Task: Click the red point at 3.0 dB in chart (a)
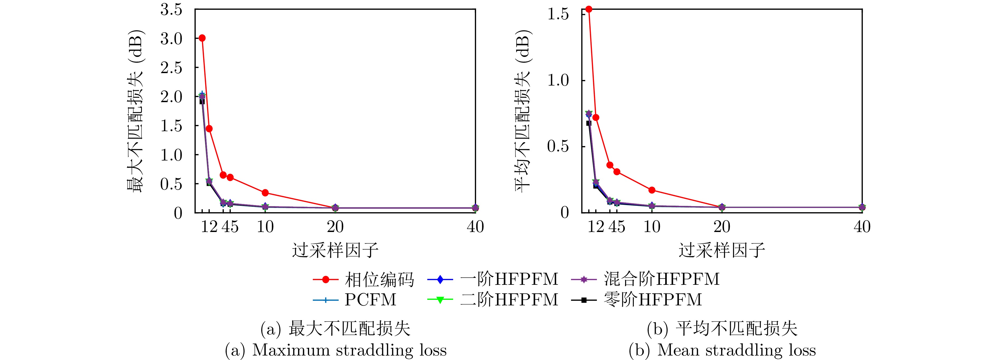pyautogui.click(x=202, y=38)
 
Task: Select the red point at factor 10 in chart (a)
pyautogui.click(x=265, y=193)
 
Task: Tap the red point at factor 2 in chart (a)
pyautogui.click(x=209, y=129)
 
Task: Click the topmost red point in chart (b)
pyautogui.click(x=589, y=9)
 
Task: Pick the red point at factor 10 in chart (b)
pyautogui.click(x=652, y=190)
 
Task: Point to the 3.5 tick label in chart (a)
pyautogui.click(x=171, y=10)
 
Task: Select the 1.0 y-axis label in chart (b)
pyautogui.click(x=558, y=80)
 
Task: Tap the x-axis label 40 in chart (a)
pyautogui.click(x=475, y=227)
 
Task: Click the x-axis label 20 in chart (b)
pyautogui.click(x=722, y=227)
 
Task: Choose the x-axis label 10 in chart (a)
pyautogui.click(x=265, y=227)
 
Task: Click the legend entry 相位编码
pyautogui.click(x=379, y=280)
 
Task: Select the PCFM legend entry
pyautogui.click(x=370, y=300)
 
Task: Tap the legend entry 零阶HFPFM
pyautogui.click(x=653, y=300)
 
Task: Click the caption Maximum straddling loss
pyautogui.click(x=349, y=350)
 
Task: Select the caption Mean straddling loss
pyautogui.click(x=736, y=350)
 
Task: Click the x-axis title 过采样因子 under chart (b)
pyautogui.click(x=722, y=250)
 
